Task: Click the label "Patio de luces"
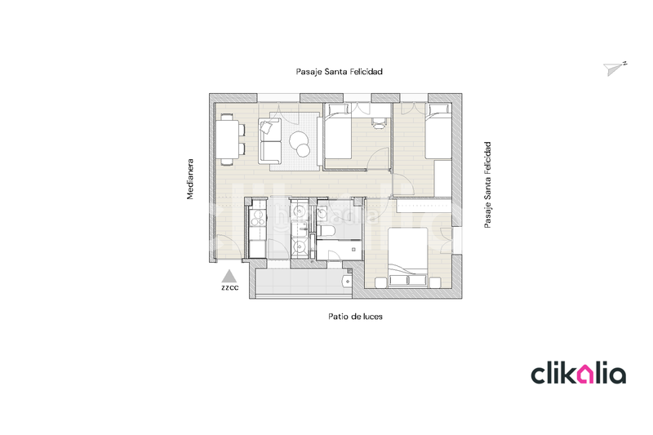click(x=355, y=317)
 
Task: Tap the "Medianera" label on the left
click(x=190, y=179)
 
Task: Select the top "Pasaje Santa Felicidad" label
click(x=339, y=72)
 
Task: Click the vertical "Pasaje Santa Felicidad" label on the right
click(x=487, y=185)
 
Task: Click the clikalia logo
click(x=578, y=374)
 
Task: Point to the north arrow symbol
click(x=615, y=69)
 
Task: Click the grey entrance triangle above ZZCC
click(x=229, y=275)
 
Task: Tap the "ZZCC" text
click(x=229, y=288)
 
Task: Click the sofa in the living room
click(x=269, y=139)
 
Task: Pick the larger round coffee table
click(x=303, y=140)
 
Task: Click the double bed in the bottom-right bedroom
click(x=407, y=257)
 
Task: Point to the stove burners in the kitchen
click(x=257, y=219)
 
